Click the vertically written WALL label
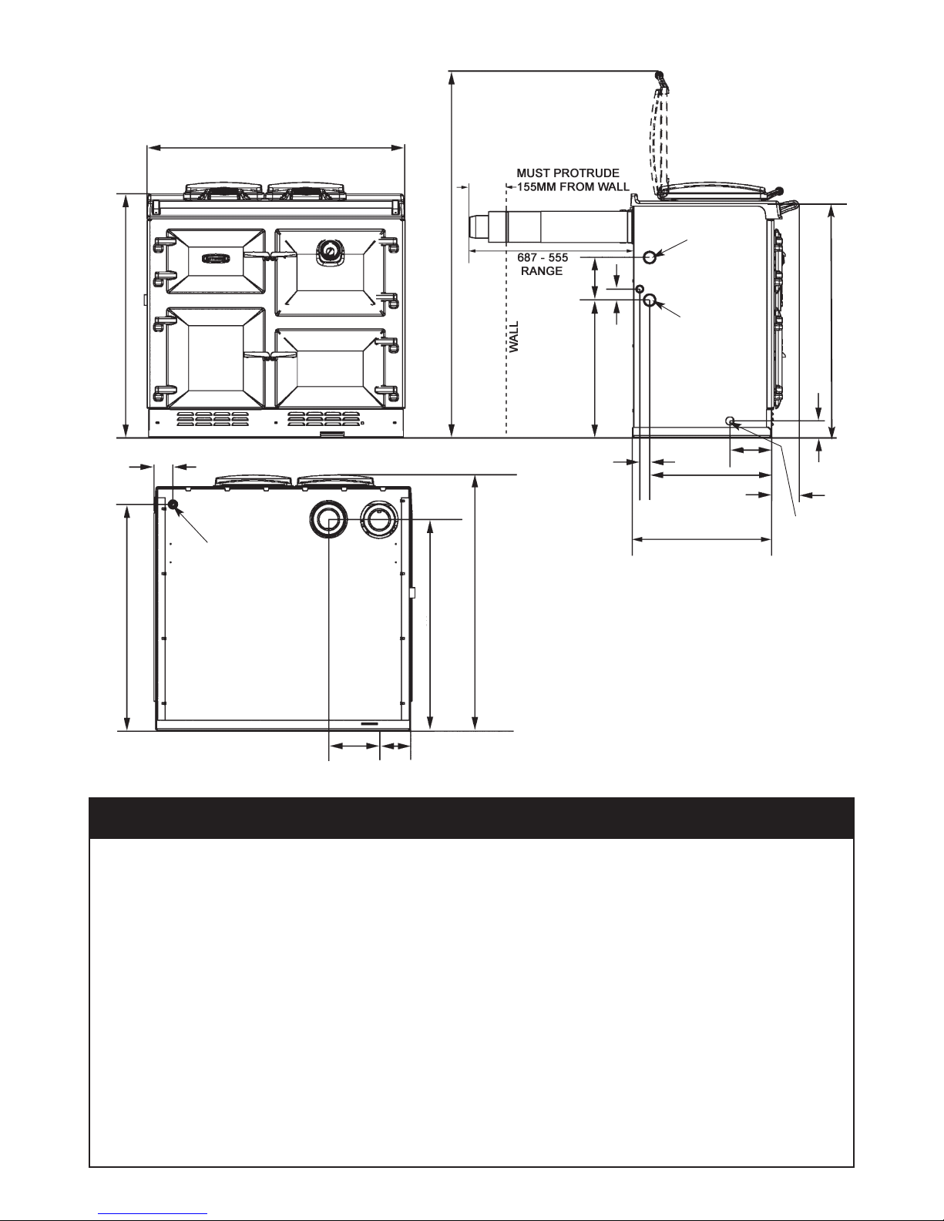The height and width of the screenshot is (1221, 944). click(x=514, y=337)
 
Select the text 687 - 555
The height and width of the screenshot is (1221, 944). click(x=543, y=258)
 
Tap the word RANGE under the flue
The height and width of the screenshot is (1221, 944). click(x=542, y=271)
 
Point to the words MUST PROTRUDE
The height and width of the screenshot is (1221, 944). click(x=568, y=173)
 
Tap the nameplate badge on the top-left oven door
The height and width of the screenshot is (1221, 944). click(x=216, y=258)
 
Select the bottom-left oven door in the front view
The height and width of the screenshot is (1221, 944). click(x=216, y=358)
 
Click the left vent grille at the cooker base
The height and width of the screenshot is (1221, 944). click(x=213, y=418)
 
